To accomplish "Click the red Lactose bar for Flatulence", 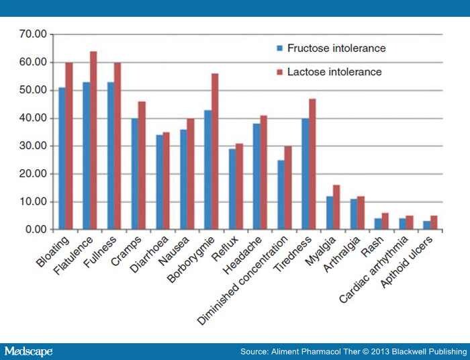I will (x=94, y=141).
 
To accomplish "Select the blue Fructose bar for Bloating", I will (x=62, y=159).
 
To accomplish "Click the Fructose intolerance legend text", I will (x=336, y=48).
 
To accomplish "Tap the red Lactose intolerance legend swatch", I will (x=279, y=72).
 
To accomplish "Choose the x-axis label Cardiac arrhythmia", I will (x=375, y=265).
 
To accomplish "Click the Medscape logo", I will (x=28, y=352).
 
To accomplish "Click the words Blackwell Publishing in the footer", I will (x=430, y=352).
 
